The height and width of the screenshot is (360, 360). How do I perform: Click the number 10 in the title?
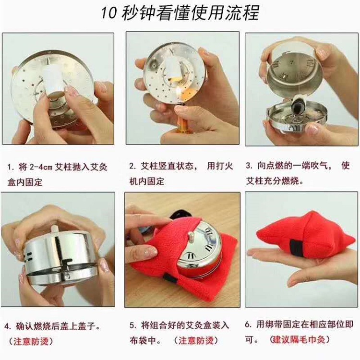point(108,12)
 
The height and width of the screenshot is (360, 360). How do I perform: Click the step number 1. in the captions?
point(11,167)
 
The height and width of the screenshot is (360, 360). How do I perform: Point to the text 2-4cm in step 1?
point(41,167)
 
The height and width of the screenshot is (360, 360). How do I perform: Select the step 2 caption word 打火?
point(220,166)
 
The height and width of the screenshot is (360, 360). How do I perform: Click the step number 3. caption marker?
point(249,165)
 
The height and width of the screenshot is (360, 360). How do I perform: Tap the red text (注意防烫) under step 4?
point(31,341)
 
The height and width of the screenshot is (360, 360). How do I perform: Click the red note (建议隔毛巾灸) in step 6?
point(300,339)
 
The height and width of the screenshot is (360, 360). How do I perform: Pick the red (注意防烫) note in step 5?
point(196,340)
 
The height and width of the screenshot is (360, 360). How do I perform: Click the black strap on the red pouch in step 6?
point(296,250)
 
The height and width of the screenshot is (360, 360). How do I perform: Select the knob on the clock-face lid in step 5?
point(192,236)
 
